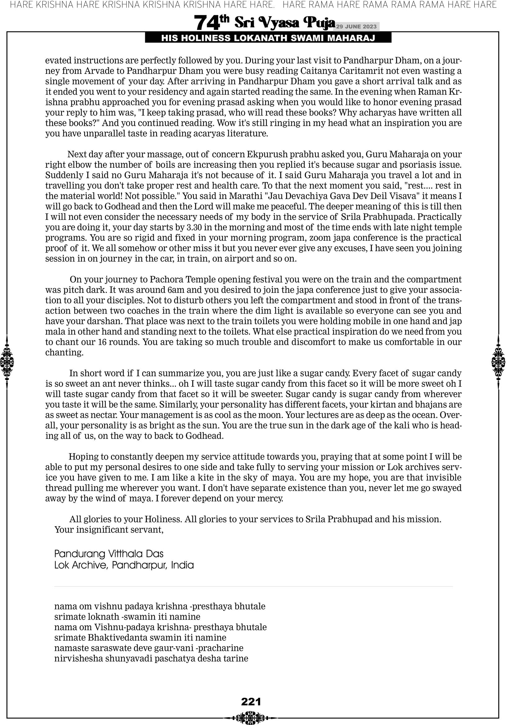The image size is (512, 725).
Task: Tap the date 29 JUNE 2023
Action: [x=356, y=26]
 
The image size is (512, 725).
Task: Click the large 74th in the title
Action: [x=211, y=23]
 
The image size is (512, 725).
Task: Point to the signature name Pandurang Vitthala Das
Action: [x=109, y=554]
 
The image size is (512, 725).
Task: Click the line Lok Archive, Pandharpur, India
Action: [x=124, y=565]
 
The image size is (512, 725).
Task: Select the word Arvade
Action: [x=103, y=71]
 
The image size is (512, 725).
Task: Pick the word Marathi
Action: [x=245, y=196]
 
